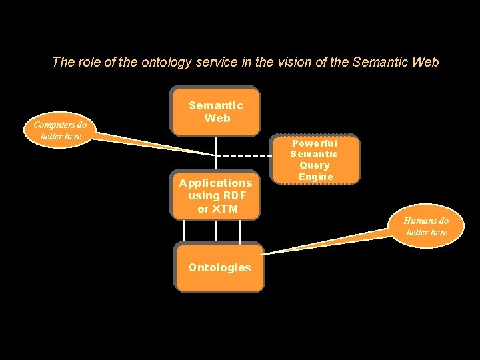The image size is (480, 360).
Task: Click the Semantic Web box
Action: (x=216, y=111)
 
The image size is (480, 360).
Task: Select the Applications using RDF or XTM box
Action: (x=216, y=195)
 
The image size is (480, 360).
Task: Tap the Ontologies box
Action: (x=219, y=267)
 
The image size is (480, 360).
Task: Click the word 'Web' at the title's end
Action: (x=426, y=63)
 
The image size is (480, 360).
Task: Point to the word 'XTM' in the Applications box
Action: (x=225, y=209)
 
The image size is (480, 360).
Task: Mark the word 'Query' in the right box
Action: (x=315, y=165)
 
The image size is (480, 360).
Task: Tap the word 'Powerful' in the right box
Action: (x=315, y=143)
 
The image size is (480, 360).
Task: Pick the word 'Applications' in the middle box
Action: (x=215, y=183)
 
